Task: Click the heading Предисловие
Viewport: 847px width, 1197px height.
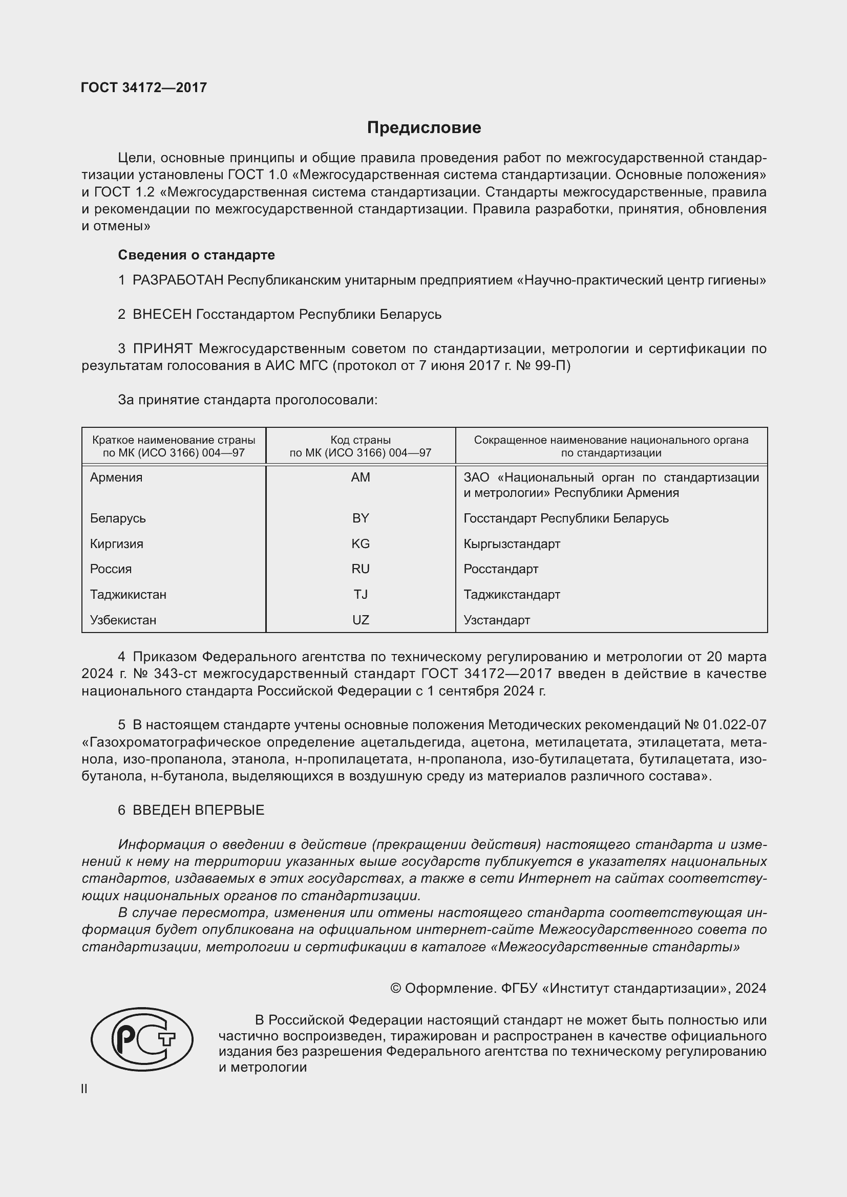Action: point(424,128)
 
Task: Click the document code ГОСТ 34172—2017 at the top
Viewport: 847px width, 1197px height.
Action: point(144,88)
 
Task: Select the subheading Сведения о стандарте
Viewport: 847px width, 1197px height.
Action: point(196,255)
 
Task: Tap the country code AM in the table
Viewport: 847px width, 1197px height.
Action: point(361,477)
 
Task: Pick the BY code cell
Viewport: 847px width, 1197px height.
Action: point(361,518)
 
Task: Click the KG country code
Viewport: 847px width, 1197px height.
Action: point(361,544)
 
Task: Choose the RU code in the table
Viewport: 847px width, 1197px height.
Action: point(361,569)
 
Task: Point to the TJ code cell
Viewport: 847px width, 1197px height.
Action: point(361,594)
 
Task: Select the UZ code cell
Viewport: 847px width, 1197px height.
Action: point(361,620)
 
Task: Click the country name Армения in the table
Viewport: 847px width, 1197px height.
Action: point(116,477)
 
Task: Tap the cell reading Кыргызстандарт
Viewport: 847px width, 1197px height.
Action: point(512,544)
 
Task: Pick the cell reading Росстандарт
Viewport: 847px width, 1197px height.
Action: point(501,569)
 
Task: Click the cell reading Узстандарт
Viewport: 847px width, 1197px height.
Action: point(497,620)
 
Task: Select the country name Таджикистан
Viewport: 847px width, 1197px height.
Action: point(128,594)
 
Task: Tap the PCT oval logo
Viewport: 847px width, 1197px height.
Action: point(142,1039)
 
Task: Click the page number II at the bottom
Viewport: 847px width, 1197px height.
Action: point(84,1089)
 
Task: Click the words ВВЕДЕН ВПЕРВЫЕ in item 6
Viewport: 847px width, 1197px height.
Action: point(198,810)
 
